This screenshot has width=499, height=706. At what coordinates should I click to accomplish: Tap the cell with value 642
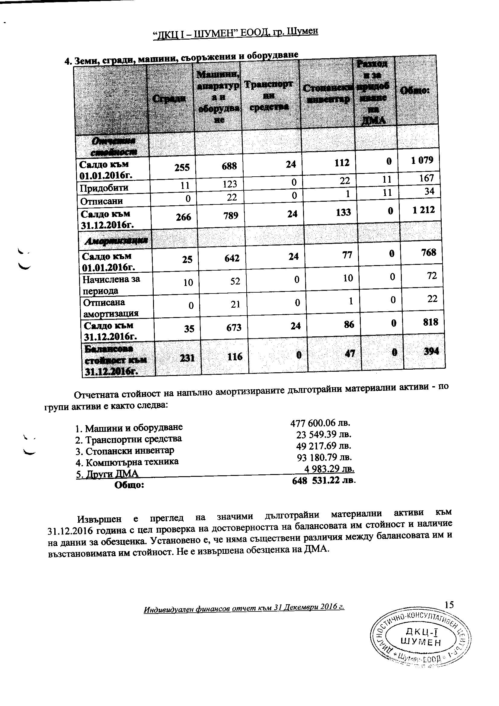[232, 258]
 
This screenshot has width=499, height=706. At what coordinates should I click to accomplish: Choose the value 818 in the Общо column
[430, 322]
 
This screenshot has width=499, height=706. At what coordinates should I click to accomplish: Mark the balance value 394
[431, 351]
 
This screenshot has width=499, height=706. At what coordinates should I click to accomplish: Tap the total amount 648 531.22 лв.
[324, 480]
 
